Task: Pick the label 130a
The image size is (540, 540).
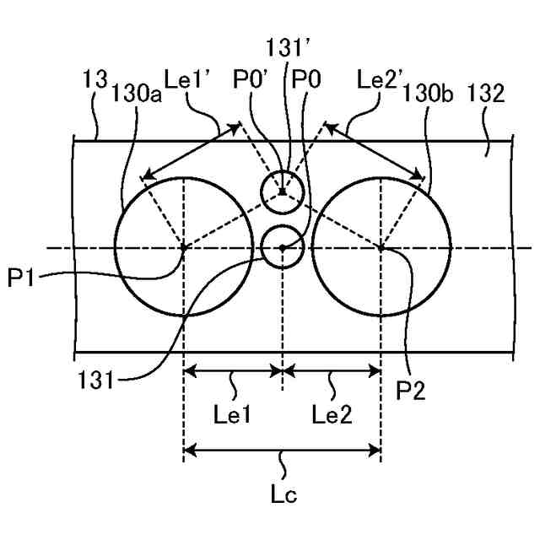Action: (137, 94)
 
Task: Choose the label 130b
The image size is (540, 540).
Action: (429, 94)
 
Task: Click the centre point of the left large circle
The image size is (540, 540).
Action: (183, 248)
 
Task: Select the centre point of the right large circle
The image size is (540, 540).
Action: (381, 248)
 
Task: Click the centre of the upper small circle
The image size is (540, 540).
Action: (282, 192)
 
